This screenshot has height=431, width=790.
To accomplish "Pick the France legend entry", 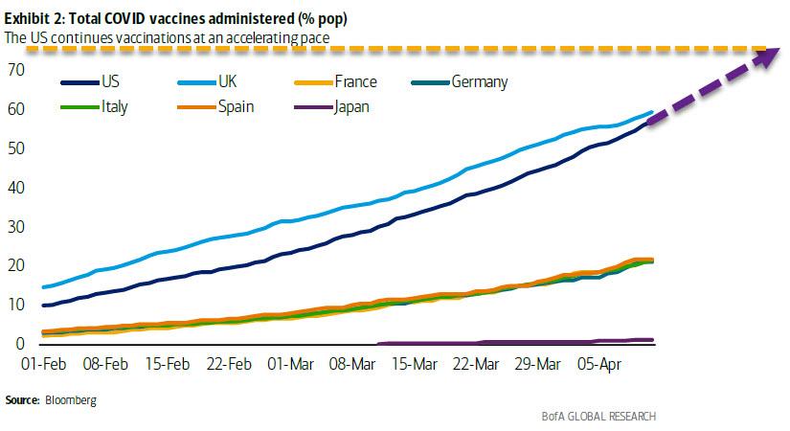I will (x=356, y=82).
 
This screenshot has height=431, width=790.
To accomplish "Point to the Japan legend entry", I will (x=350, y=106).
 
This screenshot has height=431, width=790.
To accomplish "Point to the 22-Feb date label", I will (x=227, y=364).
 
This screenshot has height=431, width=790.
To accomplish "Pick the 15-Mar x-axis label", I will (x=413, y=364).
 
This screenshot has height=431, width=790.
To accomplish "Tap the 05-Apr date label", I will (x=598, y=364).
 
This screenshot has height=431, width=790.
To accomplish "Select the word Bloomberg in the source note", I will (x=69, y=399).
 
